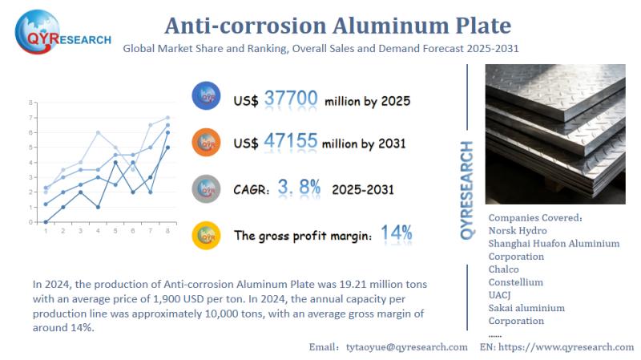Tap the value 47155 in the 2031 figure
point(291,144)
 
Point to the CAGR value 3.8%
point(298,188)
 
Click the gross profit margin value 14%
point(396,234)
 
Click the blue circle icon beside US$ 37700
point(207,97)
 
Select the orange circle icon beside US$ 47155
point(207,143)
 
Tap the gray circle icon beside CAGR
point(207,188)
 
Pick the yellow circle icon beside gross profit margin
point(207,234)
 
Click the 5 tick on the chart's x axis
point(115,232)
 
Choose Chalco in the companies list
point(504,269)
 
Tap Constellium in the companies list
point(515,282)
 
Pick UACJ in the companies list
point(501,295)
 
